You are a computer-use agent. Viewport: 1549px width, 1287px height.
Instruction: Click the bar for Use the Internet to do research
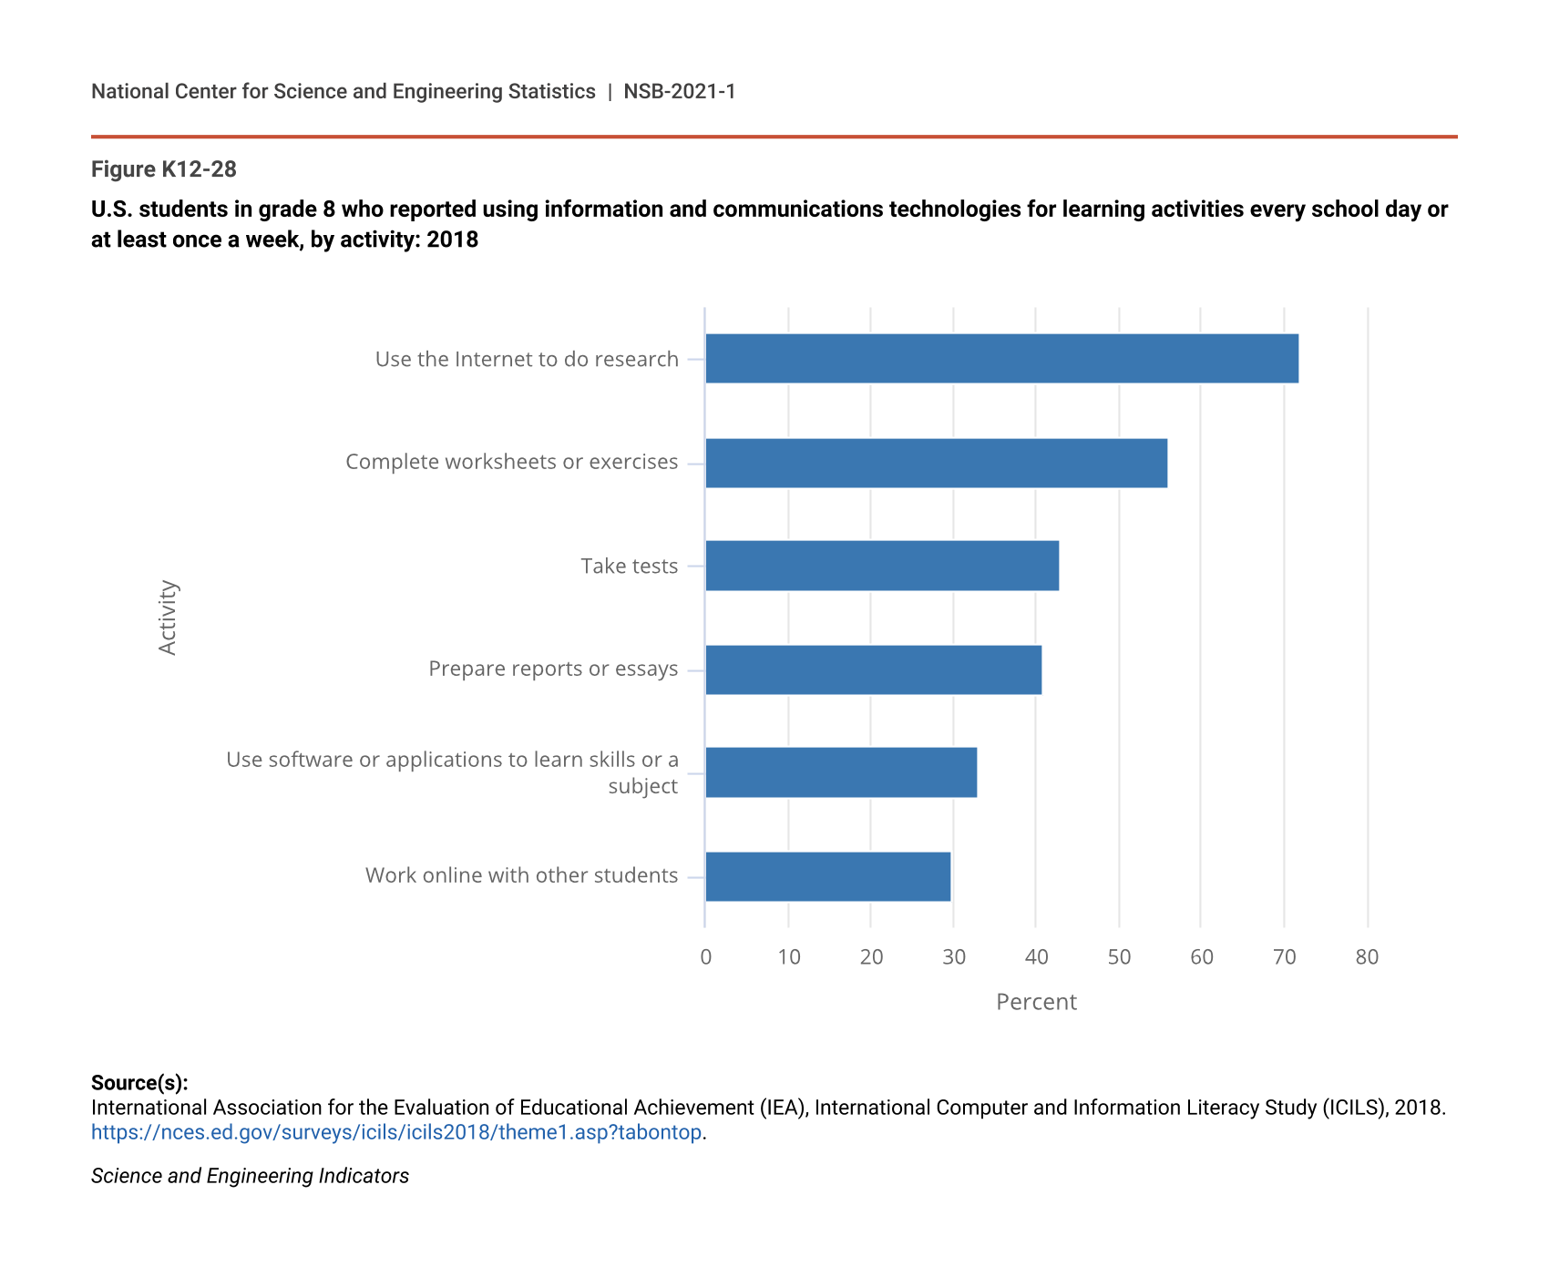click(1001, 359)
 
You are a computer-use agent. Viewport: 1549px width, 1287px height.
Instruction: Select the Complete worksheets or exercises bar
click(936, 463)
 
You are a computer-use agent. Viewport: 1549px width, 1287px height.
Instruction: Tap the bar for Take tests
click(882, 566)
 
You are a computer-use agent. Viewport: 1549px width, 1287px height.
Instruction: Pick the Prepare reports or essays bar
click(873, 669)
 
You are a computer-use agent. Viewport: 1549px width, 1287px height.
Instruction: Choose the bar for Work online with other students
click(827, 876)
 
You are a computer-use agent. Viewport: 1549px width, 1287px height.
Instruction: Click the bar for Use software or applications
click(841, 772)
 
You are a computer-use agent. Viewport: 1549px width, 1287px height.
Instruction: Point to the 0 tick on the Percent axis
click(706, 957)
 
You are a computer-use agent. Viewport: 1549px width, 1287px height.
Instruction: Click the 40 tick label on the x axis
click(1036, 957)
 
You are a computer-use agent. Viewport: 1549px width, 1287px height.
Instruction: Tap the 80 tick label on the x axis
click(1367, 957)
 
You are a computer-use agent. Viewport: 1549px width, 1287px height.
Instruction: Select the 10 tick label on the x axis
click(789, 957)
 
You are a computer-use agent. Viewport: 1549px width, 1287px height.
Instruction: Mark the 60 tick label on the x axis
click(1202, 957)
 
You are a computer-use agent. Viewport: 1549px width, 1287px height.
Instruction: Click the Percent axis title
click(1036, 1002)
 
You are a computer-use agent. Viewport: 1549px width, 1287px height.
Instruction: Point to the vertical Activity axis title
click(168, 618)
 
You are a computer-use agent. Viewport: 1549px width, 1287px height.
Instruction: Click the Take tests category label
click(630, 566)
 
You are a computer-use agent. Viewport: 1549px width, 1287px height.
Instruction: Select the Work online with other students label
click(521, 875)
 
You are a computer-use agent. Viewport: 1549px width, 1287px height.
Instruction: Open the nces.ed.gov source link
click(396, 1132)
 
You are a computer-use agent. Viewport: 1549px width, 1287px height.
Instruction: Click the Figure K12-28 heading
click(164, 169)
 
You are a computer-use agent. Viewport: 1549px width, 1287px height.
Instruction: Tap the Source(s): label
click(139, 1083)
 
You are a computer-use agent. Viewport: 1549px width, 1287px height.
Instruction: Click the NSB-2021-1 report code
click(680, 91)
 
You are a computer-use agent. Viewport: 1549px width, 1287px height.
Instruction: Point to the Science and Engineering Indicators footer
click(250, 1176)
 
